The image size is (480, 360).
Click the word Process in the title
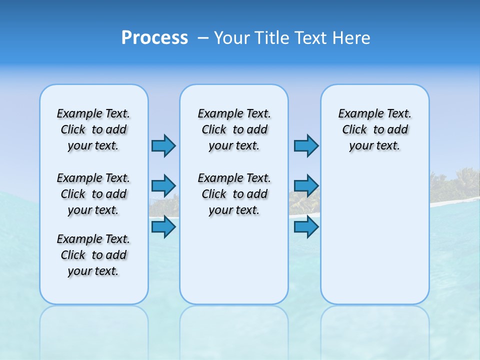coord(154,38)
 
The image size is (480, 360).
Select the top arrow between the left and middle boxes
coord(163,145)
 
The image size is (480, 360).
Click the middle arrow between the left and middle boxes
coord(163,186)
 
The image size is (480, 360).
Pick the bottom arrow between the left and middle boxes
coord(163,227)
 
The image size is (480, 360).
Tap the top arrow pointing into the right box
coord(306,145)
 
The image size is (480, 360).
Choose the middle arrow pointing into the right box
coord(306,186)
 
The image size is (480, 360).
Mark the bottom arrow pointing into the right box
coord(306,227)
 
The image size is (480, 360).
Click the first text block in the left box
coord(93,129)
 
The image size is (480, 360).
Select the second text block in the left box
coord(93,194)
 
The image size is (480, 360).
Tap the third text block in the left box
coord(93,255)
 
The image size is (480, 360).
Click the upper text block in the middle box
coord(234,129)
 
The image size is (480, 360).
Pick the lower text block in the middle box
coord(234,194)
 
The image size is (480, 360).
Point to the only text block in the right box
coord(375,129)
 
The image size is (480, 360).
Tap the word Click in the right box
coord(354,130)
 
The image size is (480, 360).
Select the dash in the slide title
coord(203,38)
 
